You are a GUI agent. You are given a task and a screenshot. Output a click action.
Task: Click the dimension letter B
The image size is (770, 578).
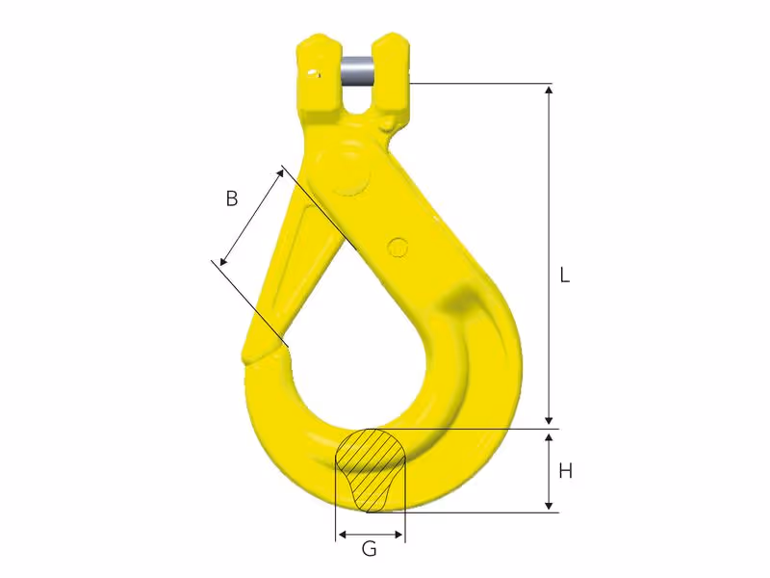pyautogui.click(x=232, y=198)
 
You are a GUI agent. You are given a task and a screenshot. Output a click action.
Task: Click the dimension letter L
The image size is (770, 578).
pyautogui.click(x=565, y=276)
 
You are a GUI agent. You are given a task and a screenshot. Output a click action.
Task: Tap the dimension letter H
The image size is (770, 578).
pyautogui.click(x=566, y=471)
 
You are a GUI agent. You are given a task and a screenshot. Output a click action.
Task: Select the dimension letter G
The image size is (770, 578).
pyautogui.click(x=369, y=548)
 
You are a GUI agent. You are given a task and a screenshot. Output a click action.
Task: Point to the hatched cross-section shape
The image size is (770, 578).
pyautogui.click(x=371, y=468)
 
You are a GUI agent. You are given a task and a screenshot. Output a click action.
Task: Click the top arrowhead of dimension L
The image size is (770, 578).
pyautogui.click(x=549, y=89)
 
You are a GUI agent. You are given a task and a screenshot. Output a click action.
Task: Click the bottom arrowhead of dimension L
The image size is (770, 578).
pyautogui.click(x=549, y=420)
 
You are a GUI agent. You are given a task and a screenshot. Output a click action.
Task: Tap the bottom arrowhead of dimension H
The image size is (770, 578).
pyautogui.click(x=549, y=506)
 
